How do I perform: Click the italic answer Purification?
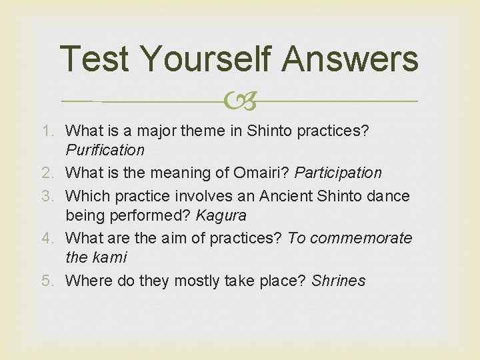[105, 150]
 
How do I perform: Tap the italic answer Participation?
[338, 173]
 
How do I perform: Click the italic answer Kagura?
[221, 215]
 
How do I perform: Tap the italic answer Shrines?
[338, 281]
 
